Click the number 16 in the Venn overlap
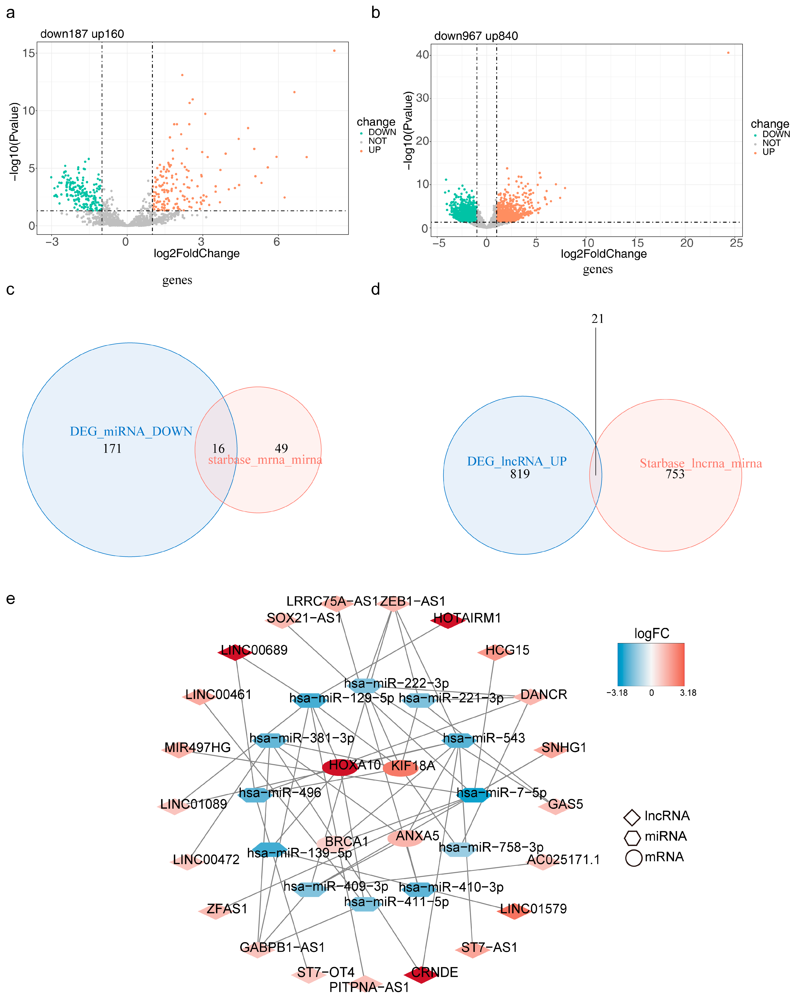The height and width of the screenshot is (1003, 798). (218, 448)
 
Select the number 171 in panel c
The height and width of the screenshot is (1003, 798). (112, 448)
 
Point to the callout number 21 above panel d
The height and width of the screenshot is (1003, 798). (597, 319)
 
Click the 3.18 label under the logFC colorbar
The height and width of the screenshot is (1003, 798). (688, 693)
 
